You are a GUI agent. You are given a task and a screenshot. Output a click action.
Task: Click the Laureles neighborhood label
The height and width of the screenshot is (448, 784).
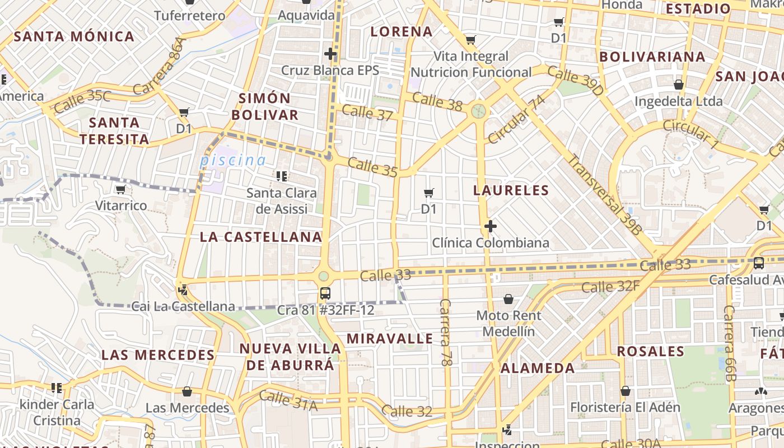511,190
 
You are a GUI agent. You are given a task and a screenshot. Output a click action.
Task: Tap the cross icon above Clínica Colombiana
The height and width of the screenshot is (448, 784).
491,226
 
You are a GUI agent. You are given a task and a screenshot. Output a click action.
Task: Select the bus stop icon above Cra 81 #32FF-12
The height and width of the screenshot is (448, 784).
325,293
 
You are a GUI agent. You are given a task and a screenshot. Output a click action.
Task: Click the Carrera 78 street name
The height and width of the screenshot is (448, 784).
445,333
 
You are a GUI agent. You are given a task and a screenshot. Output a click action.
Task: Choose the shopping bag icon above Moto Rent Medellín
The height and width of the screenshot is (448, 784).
508,299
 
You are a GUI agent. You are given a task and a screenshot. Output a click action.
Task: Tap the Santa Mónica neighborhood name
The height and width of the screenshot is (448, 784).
74,37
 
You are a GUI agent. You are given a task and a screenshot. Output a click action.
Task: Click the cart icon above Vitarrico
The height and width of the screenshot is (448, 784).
120,190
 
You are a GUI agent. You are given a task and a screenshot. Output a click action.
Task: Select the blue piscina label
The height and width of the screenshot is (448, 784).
233,160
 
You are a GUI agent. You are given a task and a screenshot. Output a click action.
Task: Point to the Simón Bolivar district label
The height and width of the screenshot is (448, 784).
265,106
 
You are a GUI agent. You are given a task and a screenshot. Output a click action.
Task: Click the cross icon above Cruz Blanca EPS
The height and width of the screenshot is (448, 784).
330,54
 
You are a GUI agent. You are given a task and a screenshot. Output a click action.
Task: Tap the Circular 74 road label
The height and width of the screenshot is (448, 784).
516,119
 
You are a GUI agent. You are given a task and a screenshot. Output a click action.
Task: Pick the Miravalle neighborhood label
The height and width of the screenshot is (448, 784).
390,339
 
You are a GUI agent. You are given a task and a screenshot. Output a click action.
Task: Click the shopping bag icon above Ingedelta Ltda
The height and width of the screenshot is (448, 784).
679,85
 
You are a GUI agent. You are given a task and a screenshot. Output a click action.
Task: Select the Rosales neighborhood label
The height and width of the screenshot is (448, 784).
651,352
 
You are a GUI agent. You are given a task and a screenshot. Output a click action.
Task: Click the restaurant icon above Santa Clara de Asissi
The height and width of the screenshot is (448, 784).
282,176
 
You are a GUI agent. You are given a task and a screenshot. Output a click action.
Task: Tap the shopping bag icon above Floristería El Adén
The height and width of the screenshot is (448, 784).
626,391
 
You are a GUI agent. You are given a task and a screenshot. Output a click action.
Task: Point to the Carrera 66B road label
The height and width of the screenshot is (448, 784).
729,343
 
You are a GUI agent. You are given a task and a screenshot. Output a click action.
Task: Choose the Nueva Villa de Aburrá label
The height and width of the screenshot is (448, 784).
290,357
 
